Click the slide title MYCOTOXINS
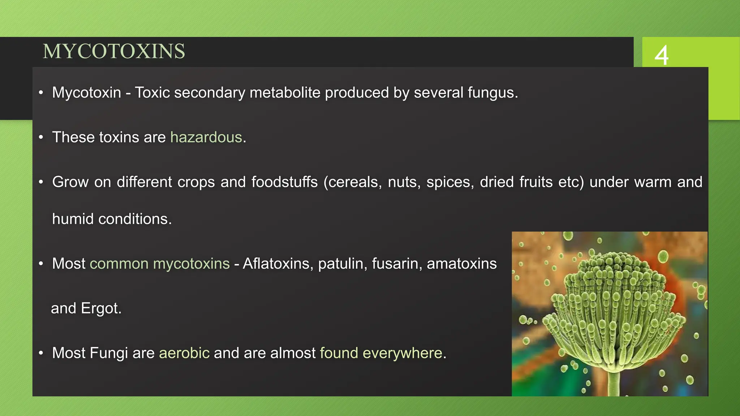pyautogui.click(x=114, y=51)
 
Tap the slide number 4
pyautogui.click(x=662, y=55)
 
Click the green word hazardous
pyautogui.click(x=206, y=137)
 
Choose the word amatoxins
pyautogui.click(x=461, y=264)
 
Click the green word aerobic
pyautogui.click(x=184, y=353)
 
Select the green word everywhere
pyautogui.click(x=402, y=353)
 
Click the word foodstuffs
pyautogui.click(x=284, y=182)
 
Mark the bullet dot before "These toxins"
pyautogui.click(x=41, y=138)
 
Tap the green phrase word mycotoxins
pyautogui.click(x=191, y=264)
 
